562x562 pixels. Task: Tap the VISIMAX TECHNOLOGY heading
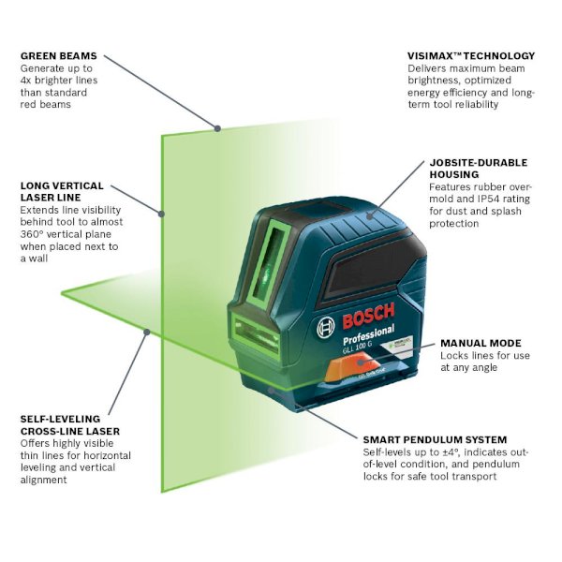click(471, 56)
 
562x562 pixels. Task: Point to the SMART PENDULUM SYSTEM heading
click(435, 439)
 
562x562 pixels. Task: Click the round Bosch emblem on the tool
click(325, 327)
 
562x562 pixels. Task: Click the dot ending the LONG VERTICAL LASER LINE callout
click(162, 214)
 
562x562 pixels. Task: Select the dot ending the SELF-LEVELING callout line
click(145, 331)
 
